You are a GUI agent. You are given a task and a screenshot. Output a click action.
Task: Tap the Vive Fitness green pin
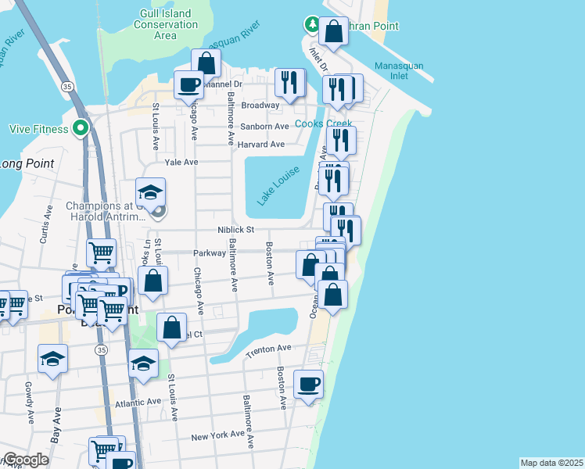pyautogui.click(x=80, y=128)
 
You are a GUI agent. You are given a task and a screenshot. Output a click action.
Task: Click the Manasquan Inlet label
pyautogui.click(x=398, y=71)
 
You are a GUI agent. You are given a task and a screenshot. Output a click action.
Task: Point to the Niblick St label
pyautogui.click(x=236, y=230)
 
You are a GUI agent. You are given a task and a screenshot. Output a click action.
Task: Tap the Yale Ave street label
pyautogui.click(x=181, y=163)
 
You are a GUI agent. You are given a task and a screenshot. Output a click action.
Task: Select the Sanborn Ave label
pyautogui.click(x=264, y=127)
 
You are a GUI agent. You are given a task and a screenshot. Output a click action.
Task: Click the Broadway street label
pyautogui.click(x=260, y=106)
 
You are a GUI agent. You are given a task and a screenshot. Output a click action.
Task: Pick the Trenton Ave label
pyautogui.click(x=268, y=351)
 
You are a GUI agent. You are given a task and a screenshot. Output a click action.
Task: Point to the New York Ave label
pyautogui.click(x=218, y=436)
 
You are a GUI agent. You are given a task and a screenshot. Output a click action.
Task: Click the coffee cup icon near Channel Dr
pyautogui.click(x=188, y=84)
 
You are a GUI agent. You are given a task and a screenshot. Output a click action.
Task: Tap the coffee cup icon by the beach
pyautogui.click(x=308, y=385)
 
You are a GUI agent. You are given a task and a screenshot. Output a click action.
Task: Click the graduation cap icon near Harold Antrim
pyautogui.click(x=151, y=192)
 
